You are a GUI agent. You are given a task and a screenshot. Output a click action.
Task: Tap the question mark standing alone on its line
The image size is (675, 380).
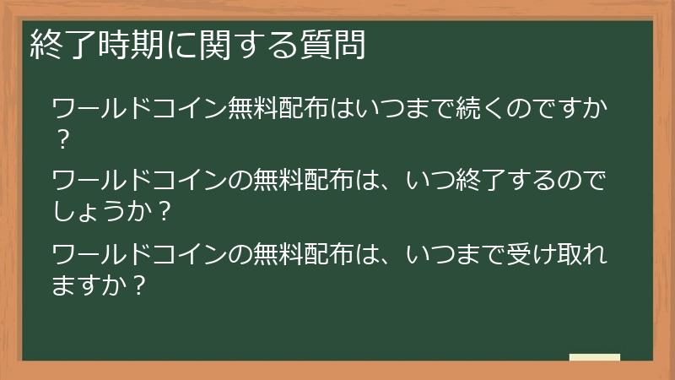click(61, 140)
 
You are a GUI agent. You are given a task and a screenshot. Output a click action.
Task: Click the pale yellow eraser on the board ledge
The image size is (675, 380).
click(595, 357)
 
